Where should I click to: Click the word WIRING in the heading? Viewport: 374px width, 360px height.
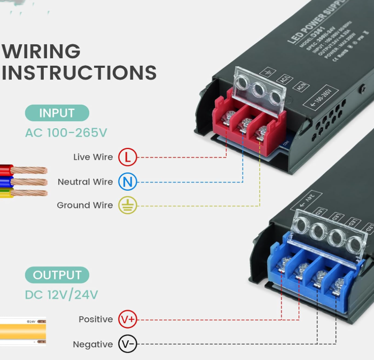(x=41, y=52)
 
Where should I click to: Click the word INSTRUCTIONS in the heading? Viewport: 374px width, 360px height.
(x=79, y=73)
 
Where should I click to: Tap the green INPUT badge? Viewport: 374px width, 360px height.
(x=57, y=113)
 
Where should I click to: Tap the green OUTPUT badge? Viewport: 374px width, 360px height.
(x=57, y=276)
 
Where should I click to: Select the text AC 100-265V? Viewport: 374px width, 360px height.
(x=66, y=132)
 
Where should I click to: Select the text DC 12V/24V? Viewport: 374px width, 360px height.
(x=61, y=295)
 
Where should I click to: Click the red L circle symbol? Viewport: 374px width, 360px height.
(x=127, y=158)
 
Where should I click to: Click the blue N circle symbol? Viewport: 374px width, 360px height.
(x=127, y=182)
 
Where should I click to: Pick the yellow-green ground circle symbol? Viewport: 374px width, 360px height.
(x=128, y=205)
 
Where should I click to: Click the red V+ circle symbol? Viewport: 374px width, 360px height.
(x=128, y=319)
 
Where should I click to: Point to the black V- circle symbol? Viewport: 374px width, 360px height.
(x=128, y=345)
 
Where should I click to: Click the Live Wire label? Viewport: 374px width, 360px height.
(x=93, y=158)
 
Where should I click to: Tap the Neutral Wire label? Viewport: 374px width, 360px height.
(x=85, y=182)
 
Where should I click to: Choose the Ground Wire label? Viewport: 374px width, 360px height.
(x=85, y=205)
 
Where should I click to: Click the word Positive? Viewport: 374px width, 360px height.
(x=96, y=319)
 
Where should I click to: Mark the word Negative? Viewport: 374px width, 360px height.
(x=93, y=345)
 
